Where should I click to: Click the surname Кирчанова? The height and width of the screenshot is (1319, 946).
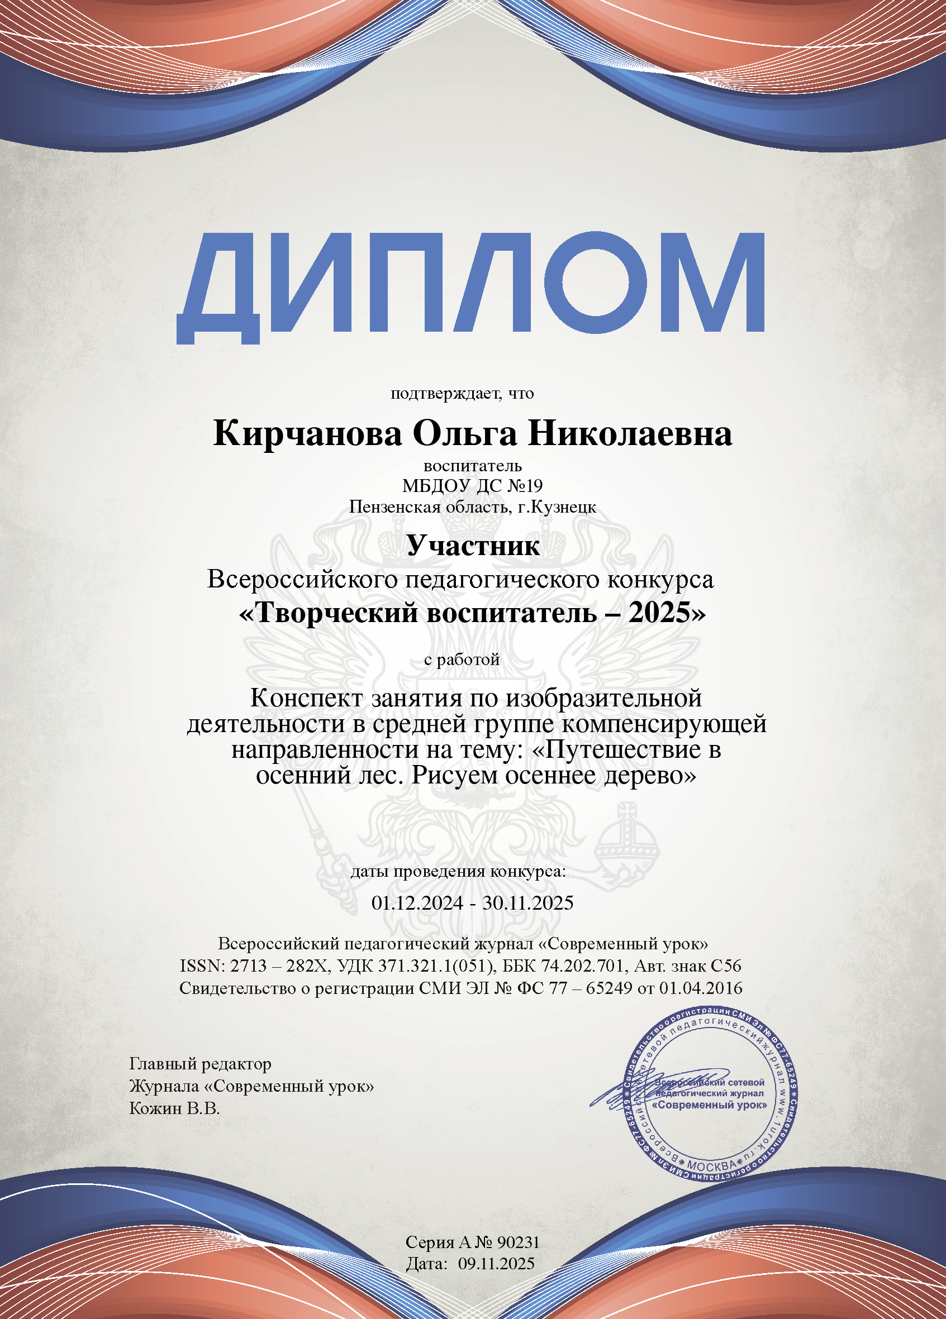coord(307,434)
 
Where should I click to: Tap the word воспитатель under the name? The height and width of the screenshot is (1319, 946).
coord(472,465)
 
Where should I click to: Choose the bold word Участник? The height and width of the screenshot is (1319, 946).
coord(472,545)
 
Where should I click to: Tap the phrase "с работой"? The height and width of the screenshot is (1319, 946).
coord(462,659)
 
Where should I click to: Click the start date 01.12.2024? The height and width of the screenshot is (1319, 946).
coord(417,902)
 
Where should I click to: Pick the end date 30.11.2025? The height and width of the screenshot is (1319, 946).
coord(527,902)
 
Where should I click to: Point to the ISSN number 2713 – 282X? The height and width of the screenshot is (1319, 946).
coord(279,966)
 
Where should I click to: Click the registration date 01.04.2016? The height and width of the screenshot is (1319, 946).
coord(701,988)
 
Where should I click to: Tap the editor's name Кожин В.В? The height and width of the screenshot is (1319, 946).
coord(174,1108)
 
